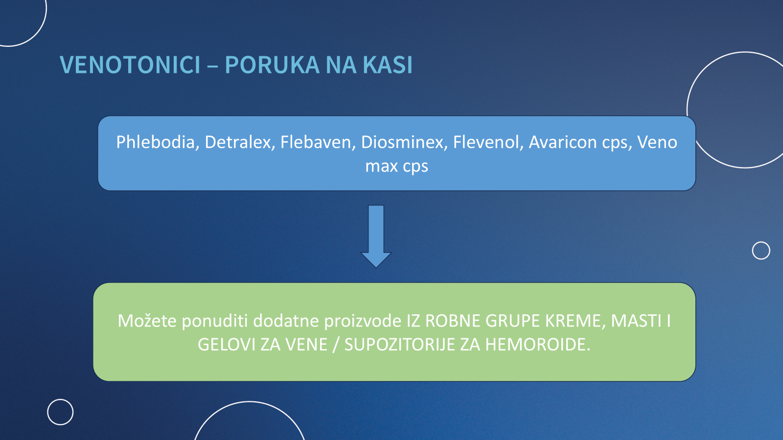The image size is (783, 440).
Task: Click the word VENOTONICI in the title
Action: point(130,65)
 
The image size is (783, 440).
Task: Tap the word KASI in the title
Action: point(387,65)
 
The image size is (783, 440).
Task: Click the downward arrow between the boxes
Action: point(376,236)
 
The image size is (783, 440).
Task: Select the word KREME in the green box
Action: point(573,321)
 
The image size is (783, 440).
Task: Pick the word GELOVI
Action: point(227,345)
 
